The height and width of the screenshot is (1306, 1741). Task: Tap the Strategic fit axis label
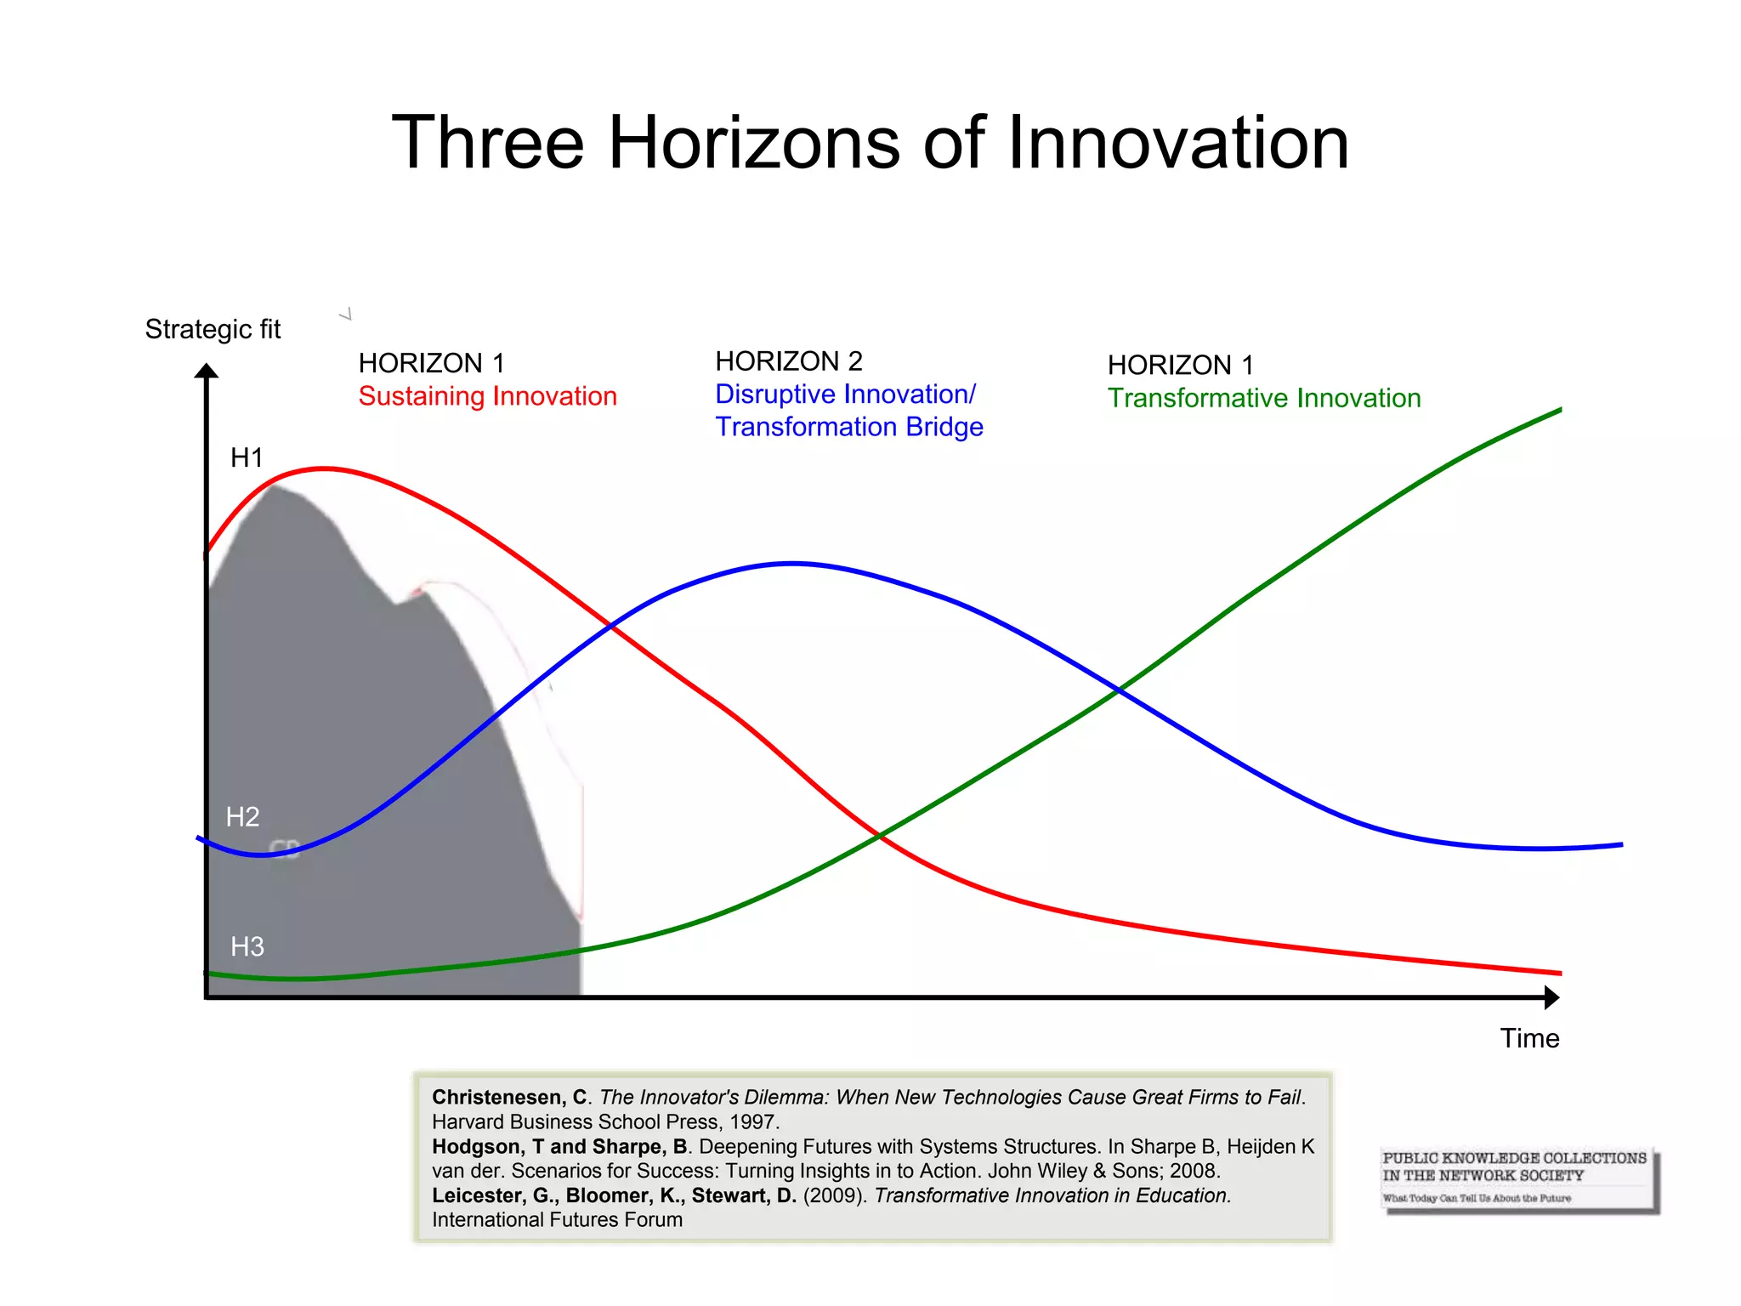213,329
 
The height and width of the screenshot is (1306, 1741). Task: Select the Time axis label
1529,1038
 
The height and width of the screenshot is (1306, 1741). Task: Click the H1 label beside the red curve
247,457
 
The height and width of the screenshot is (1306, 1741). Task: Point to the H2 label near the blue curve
242,817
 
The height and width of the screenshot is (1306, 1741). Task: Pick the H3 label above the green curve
247,946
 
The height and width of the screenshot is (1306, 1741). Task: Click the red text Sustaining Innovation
487,396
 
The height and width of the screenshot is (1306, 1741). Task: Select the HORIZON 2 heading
789,361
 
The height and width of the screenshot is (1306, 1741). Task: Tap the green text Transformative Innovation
1264,398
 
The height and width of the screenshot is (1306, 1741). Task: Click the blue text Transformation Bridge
849,427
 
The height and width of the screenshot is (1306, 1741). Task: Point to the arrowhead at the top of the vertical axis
207,371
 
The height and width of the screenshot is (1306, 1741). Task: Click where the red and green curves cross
880,837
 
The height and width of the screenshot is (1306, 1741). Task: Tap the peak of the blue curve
792,563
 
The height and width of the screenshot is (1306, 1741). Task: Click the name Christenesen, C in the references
509,1098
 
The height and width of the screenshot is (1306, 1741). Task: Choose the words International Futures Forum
557,1220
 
